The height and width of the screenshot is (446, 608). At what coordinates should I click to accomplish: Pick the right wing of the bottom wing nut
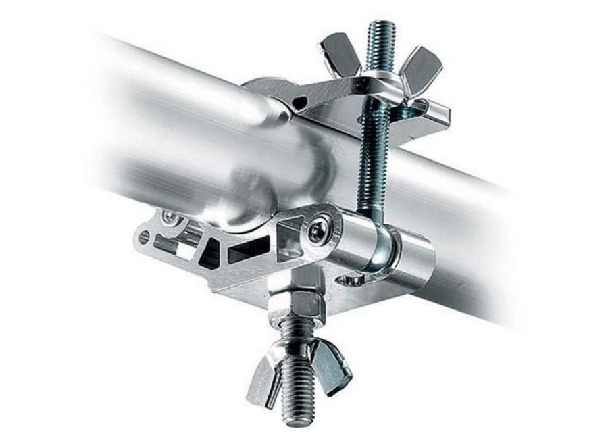pyautogui.click(x=332, y=368)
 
